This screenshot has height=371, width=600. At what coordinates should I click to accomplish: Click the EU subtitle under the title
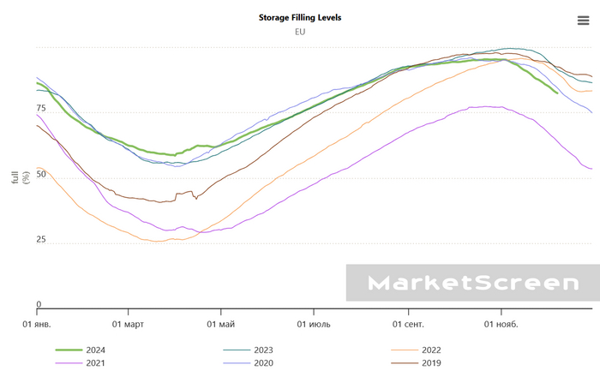[300, 32]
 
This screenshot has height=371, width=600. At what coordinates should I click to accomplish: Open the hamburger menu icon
[584, 21]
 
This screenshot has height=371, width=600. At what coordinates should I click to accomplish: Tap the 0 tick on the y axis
[39, 304]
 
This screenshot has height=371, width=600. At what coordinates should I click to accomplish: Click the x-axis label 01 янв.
[38, 324]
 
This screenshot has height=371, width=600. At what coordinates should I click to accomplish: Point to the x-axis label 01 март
[129, 324]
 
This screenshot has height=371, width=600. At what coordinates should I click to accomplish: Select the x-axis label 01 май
[221, 324]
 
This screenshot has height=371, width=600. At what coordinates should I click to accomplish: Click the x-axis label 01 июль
[314, 324]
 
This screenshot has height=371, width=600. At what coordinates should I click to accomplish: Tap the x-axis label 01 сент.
[409, 324]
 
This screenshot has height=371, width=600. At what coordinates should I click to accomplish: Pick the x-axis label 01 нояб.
[502, 324]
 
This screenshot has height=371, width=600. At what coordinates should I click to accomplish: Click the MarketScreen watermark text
[473, 283]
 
